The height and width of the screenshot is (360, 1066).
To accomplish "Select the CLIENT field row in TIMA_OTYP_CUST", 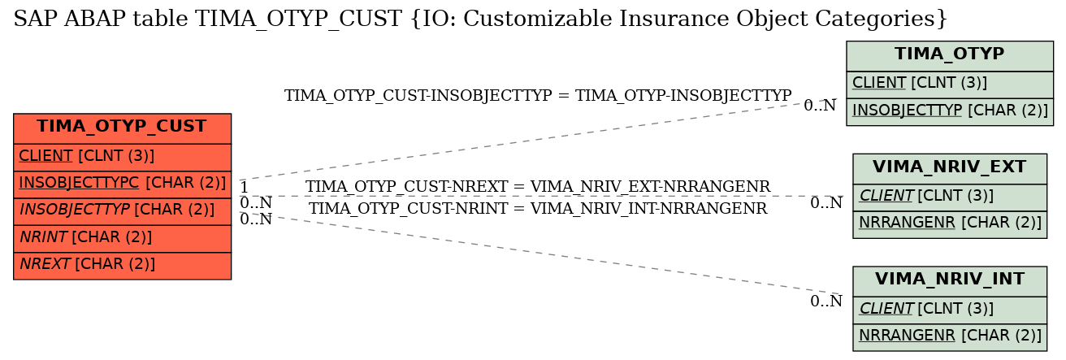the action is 123,157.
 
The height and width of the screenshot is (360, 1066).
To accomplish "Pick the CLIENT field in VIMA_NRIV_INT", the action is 949,310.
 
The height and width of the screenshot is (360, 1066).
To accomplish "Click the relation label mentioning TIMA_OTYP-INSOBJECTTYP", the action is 538,96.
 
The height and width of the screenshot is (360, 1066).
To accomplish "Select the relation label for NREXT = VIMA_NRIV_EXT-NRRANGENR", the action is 538,187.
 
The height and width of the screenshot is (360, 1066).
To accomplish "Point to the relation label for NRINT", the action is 538,209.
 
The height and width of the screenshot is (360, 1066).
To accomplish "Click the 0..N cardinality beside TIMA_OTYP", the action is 820,106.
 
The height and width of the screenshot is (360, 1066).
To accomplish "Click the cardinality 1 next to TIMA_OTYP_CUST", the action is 244,187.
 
